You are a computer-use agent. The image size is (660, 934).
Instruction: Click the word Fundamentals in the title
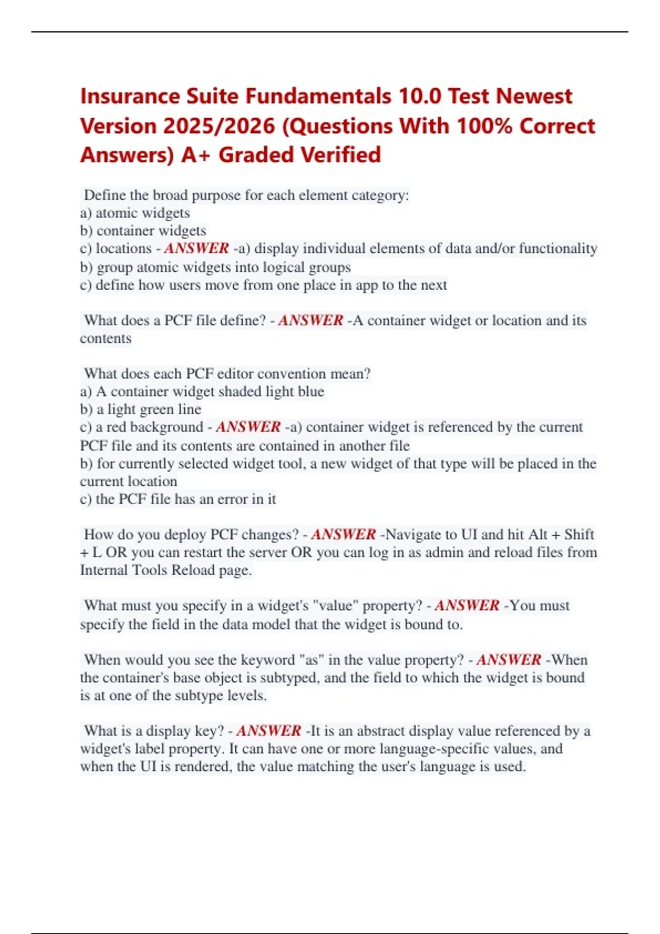coord(318,97)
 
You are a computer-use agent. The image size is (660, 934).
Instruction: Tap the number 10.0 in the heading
coord(420,97)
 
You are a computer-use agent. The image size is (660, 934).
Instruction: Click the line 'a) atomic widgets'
coord(135,213)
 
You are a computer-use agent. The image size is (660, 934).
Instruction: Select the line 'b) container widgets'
coord(143,231)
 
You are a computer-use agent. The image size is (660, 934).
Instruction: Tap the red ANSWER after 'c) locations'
coord(196,248)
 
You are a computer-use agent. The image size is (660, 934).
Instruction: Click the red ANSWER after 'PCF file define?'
coord(311,320)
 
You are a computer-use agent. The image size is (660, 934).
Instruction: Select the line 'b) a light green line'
coord(141,409)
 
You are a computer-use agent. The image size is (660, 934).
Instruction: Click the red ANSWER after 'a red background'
coord(248,427)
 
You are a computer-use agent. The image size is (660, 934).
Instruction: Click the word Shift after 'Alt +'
coord(579,535)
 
